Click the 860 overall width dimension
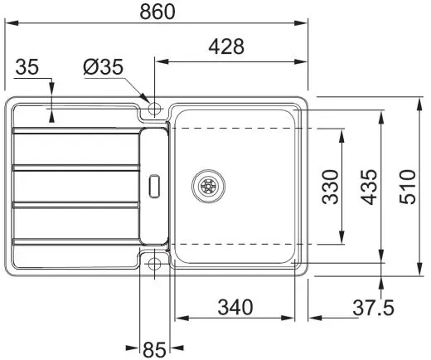(157, 11)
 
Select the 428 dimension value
(226, 47)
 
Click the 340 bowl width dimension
(235, 307)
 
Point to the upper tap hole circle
(154, 108)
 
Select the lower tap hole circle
(154, 265)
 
